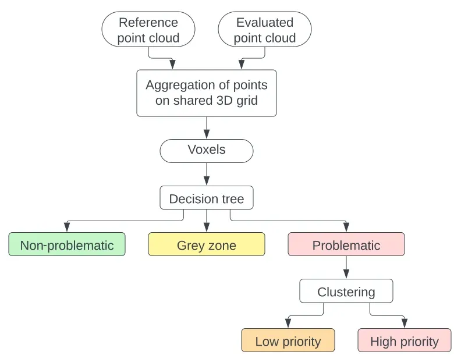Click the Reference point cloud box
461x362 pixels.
(x=148, y=30)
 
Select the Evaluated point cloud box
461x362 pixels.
(x=265, y=30)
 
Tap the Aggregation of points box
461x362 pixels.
(x=207, y=93)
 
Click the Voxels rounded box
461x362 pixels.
(x=207, y=150)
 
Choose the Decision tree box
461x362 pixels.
(x=207, y=198)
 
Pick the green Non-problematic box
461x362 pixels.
(x=67, y=245)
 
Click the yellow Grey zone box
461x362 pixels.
(x=207, y=245)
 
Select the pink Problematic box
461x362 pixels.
(x=346, y=245)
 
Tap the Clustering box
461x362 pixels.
(x=346, y=292)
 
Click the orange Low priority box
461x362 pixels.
(x=288, y=341)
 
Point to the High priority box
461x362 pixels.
(x=405, y=341)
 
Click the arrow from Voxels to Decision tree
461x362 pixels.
(x=207, y=173)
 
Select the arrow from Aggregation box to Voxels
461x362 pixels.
(x=207, y=127)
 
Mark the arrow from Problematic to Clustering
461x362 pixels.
(x=346, y=267)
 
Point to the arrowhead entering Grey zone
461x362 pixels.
(x=207, y=229)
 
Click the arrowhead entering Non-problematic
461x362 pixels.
(x=67, y=229)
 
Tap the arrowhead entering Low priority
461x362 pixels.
(x=288, y=324)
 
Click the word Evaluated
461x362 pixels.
(x=265, y=23)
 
